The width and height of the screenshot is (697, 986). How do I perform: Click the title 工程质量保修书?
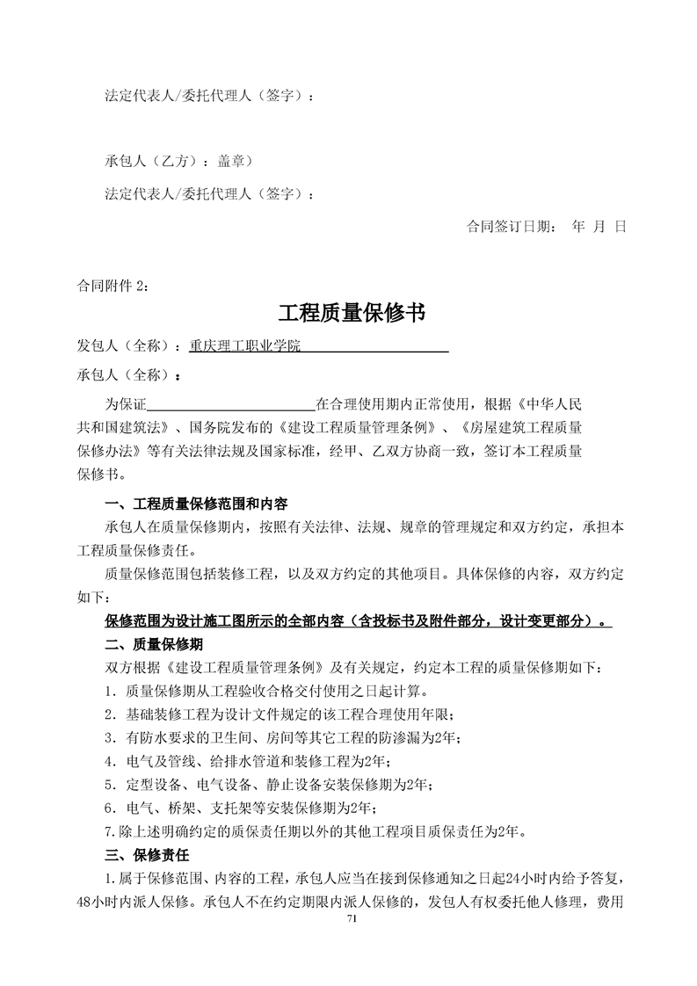click(352, 313)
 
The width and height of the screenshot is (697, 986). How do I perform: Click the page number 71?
click(352, 918)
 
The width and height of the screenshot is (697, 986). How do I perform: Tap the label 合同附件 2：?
click(113, 285)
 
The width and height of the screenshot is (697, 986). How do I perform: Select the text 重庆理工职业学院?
click(245, 346)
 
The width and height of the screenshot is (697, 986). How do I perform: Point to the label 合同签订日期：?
click(511, 226)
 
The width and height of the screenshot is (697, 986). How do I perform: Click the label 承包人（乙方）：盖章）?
click(178, 162)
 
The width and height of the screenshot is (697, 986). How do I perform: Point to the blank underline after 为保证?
click(230, 405)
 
